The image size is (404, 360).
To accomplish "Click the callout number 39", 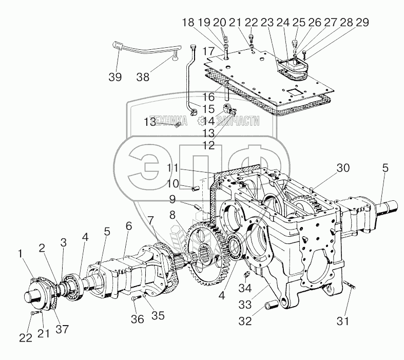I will click(x=115, y=78).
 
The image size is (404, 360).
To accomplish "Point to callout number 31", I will click(x=342, y=321).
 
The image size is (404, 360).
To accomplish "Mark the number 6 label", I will click(x=128, y=225).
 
